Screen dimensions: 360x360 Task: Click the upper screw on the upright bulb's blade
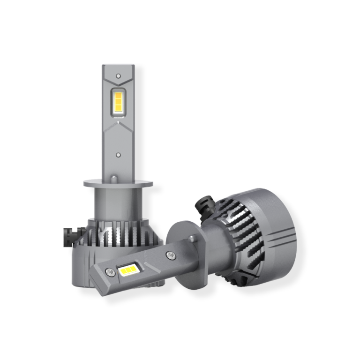118,75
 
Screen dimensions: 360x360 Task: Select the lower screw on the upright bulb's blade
118,154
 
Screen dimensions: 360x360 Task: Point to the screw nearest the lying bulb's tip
109,271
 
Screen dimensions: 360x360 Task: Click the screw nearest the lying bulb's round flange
169,255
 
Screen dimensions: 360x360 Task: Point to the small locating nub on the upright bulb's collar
114,178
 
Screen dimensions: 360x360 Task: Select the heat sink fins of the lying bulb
244,234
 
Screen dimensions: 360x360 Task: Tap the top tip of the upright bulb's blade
118,67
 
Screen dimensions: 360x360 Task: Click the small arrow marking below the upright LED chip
118,122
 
